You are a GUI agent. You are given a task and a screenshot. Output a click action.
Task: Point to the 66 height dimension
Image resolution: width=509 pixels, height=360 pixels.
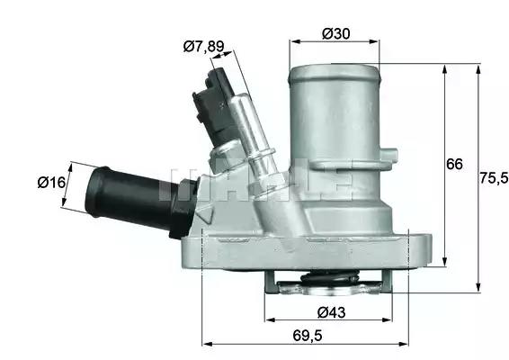point(454,164)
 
